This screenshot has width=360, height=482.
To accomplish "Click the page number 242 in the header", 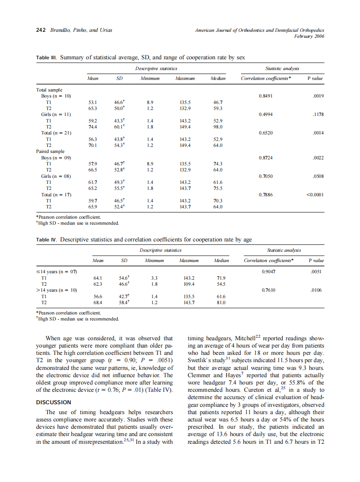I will (41, 31).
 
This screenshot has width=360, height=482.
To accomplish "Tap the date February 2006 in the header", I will (309, 37).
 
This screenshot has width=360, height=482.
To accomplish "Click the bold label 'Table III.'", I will (46, 57).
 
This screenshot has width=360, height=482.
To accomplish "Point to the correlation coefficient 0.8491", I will (267, 96).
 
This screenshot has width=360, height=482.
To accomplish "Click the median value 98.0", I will (218, 127).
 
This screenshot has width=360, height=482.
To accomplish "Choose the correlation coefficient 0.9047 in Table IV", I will (269, 272).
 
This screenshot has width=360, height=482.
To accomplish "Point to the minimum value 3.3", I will (150, 278).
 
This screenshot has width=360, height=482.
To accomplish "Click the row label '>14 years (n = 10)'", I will (56, 290).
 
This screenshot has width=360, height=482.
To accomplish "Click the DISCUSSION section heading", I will (53, 403).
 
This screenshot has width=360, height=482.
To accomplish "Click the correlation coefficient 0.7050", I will (267, 176).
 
